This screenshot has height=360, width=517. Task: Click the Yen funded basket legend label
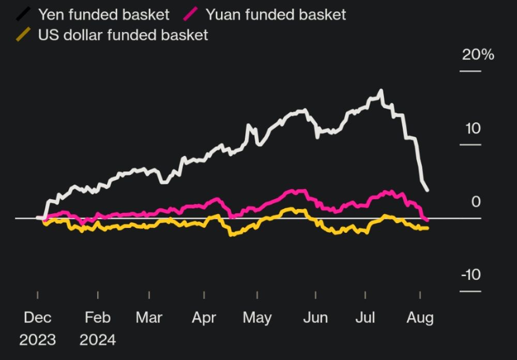(103, 14)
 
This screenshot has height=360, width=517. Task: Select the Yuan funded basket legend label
(276, 14)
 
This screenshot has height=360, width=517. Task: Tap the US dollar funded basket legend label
(123, 35)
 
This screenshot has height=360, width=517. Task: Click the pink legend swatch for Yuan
(190, 14)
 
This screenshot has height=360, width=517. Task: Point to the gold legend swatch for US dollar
(23, 35)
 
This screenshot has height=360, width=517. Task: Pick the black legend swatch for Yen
(23, 14)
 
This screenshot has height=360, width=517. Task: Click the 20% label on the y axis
(478, 55)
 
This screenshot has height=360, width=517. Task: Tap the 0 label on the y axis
(476, 202)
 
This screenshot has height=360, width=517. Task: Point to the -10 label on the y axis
(470, 275)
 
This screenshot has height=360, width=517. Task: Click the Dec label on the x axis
(38, 317)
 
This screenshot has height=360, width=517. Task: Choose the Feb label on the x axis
(98, 317)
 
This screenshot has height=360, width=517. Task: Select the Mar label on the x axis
(149, 317)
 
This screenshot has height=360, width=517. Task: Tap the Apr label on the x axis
(204, 317)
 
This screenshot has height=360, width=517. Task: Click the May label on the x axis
(257, 317)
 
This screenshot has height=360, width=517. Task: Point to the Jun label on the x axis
(315, 317)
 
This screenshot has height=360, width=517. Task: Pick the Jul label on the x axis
(366, 317)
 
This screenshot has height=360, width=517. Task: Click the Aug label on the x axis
(420, 317)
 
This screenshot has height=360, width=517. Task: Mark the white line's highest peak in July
(382, 91)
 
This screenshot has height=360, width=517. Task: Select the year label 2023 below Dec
(38, 340)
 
